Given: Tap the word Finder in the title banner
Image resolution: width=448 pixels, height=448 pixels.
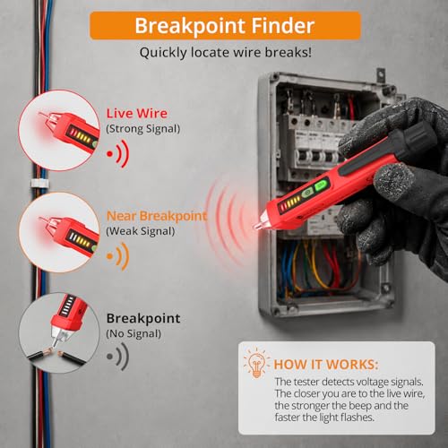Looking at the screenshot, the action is coord(282,25).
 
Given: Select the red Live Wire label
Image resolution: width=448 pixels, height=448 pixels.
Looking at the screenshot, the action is coord(137,114).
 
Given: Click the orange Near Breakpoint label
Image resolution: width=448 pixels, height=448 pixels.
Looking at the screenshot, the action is coord(157,216).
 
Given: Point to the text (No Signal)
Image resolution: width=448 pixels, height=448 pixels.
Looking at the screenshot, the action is coord(134,333).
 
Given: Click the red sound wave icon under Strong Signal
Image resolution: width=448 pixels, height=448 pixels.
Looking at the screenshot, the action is coord(118,154).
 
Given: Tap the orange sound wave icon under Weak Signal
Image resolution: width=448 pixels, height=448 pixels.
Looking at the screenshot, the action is coord(118,256).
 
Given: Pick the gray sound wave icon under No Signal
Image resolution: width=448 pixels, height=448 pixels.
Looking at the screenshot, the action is coord(118,356).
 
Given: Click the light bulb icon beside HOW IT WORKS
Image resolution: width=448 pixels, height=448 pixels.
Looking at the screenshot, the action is coord(256,363).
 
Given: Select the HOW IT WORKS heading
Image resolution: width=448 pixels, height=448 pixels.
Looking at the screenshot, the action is coord(326,365).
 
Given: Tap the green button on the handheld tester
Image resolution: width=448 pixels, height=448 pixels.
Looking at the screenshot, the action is coord(321,186).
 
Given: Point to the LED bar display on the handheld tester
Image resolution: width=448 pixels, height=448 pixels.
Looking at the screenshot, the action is coord(289,203).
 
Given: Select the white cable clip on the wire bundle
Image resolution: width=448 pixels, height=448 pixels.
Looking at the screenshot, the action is coord(39,184).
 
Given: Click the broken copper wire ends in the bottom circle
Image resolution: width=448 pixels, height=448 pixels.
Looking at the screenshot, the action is coord(56,352).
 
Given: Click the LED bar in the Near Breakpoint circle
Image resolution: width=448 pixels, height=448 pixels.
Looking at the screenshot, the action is coord(79,240).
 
